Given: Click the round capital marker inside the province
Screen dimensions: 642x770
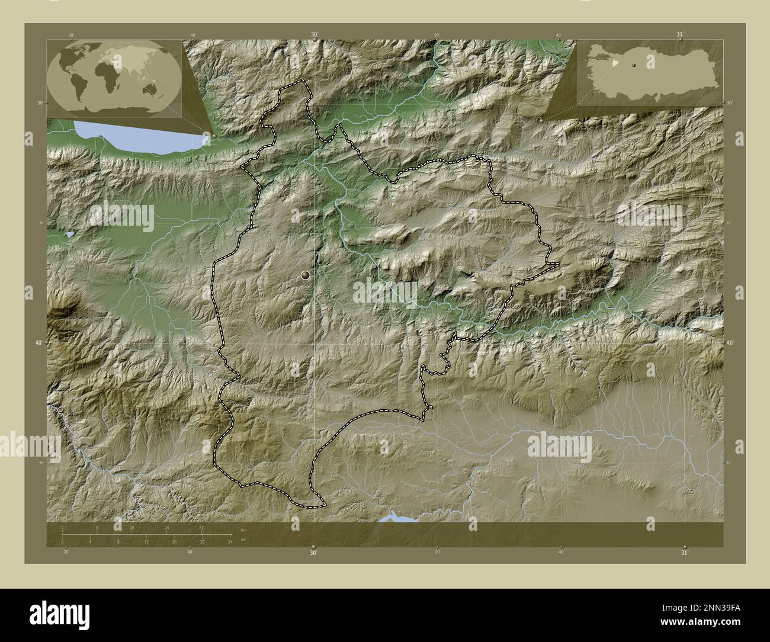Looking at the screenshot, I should click(306, 275).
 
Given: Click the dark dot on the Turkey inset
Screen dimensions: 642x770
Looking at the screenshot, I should click(634, 64).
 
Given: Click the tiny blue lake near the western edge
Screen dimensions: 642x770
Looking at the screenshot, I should click(70, 235).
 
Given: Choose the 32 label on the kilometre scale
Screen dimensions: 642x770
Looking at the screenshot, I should click(202, 528).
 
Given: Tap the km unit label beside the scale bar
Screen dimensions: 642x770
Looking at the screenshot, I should click(243, 529).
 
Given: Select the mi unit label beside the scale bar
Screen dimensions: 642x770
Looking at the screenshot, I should click(243, 540).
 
